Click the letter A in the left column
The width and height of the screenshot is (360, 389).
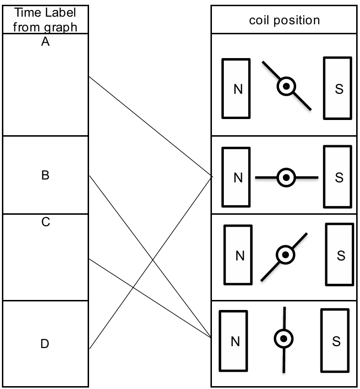pos(45,42)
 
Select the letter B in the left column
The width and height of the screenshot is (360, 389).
pos(45,175)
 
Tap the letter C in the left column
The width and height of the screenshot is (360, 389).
pos(45,222)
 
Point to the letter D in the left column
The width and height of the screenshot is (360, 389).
pos(45,343)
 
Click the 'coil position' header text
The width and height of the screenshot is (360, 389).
pos(285,20)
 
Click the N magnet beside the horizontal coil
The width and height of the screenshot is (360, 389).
pos(236,177)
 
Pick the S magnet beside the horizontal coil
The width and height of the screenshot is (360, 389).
pos(338,177)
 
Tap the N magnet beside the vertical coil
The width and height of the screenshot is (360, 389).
pos(233,341)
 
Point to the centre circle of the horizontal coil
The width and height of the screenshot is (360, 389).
pos(286,177)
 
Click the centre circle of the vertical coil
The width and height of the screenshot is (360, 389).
pos(283,339)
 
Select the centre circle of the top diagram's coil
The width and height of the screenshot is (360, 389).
pos(287,87)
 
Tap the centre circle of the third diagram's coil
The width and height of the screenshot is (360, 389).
pos(285,255)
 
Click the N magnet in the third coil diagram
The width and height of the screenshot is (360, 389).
pos(238,255)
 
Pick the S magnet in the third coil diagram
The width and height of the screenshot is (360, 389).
pos(340,255)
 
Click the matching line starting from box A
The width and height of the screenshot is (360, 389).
pos(150,127)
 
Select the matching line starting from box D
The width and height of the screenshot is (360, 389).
pos(150,263)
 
